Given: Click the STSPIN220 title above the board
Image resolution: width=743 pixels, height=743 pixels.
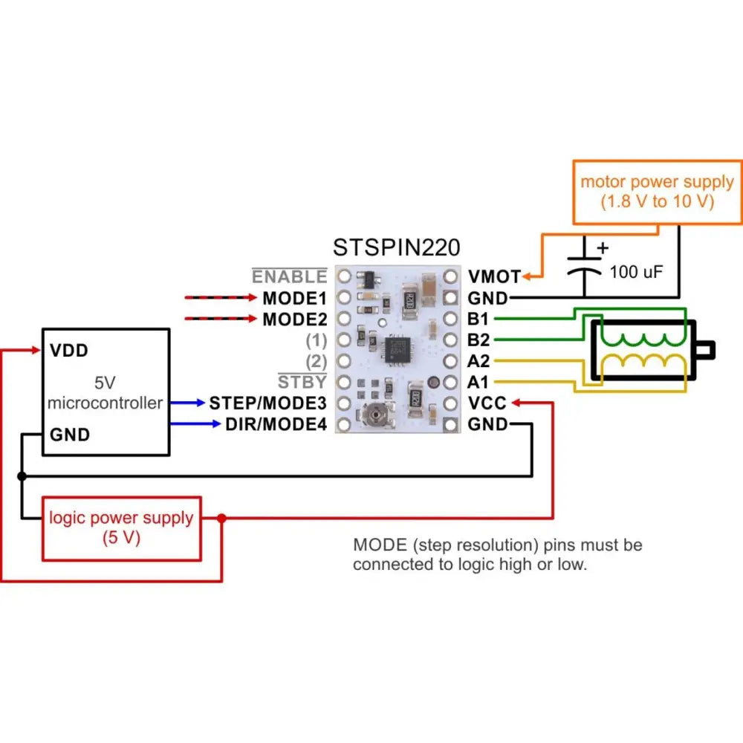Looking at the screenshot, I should (396, 247).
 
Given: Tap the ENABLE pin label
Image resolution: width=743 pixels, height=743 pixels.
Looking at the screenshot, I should (289, 277).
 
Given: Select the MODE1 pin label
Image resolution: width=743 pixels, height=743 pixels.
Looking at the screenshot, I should (294, 299).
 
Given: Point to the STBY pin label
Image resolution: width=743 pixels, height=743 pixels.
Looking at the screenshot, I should (302, 383).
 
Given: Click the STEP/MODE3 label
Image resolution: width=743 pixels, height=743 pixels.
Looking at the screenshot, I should (267, 403).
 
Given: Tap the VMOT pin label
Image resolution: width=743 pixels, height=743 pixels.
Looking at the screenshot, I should (494, 277).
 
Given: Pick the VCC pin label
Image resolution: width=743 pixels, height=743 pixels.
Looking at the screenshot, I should (487, 403).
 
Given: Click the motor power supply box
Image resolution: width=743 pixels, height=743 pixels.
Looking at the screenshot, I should (657, 192).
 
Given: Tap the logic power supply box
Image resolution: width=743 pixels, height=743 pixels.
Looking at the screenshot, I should (121, 528).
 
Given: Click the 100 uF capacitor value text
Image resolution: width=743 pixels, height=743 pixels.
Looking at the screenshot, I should (636, 273).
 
